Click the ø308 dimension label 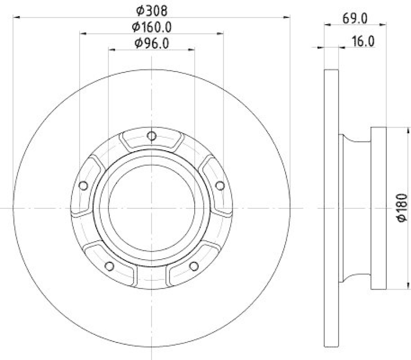pyautogui.click(x=152, y=10)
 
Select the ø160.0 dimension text pyautogui.click(x=152, y=26)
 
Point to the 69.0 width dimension pyautogui.click(x=355, y=19)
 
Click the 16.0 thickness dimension pyautogui.click(x=362, y=42)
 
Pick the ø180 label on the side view pyautogui.click(x=402, y=208)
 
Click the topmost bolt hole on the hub pyautogui.click(x=152, y=136)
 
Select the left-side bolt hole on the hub pyautogui.click(x=83, y=186)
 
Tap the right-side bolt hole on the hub pyautogui.click(x=220, y=185)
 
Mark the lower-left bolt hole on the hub pyautogui.click(x=109, y=266)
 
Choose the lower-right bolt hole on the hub pyautogui.click(x=194, y=266)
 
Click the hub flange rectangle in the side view pyautogui.click(x=378, y=208)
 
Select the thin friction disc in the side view pyautogui.click(x=332, y=208)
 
